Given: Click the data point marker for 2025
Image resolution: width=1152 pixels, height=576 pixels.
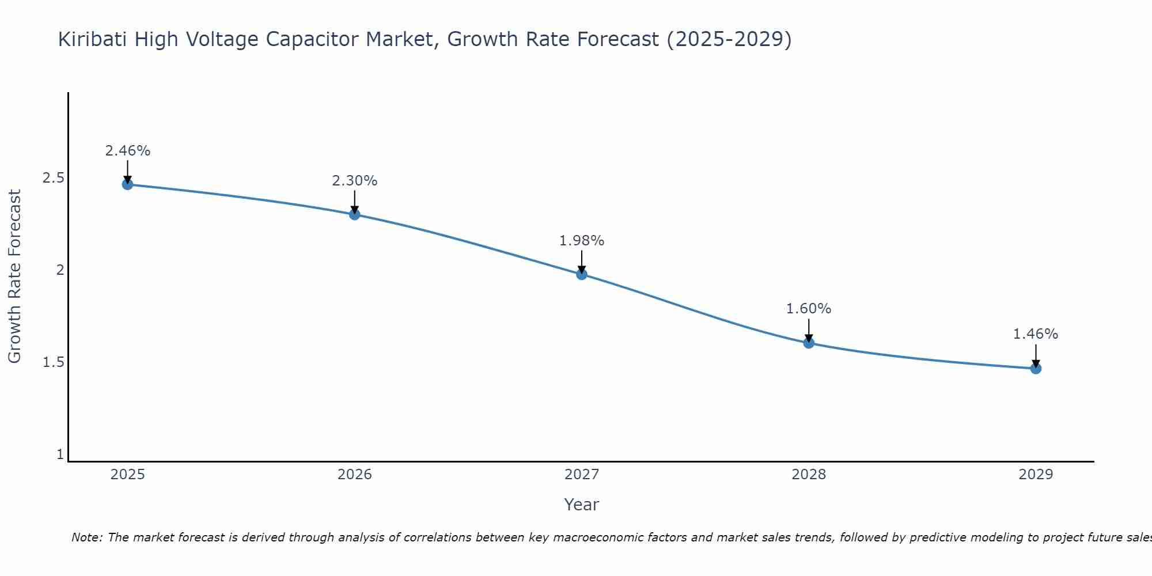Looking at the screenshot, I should point(127,184).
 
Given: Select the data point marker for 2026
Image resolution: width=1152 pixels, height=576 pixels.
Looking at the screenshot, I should point(355,214).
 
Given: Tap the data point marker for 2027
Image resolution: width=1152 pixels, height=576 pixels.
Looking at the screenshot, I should point(582,274).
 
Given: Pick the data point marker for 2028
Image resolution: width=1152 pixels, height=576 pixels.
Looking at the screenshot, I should point(809,343).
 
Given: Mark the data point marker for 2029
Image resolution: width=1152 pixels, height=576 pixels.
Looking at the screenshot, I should point(1036,369).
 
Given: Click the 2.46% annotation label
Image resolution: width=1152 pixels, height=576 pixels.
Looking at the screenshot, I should point(127,151).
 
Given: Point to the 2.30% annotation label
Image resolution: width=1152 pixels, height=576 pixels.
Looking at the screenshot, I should point(355,181).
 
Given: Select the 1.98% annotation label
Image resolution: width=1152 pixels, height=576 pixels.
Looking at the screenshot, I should point(582,241).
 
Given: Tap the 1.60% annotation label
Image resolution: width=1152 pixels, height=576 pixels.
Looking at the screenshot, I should point(809,309).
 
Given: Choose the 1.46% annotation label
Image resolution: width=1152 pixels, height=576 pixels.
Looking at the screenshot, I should point(1036,334).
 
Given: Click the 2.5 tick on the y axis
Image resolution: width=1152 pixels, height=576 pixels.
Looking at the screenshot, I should point(53,178).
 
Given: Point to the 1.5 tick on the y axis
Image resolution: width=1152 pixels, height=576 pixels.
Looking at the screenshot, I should point(53,362).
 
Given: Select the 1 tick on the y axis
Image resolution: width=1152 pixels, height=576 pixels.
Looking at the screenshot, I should point(60,454).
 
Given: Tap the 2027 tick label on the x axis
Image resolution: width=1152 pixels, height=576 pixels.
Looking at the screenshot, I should point(582,475).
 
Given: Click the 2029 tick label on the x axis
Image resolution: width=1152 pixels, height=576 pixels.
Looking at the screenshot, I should point(1036,475).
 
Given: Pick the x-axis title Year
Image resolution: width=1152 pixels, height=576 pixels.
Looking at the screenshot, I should point(582,505).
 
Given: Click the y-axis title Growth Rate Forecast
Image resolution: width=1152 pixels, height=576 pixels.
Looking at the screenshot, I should point(14,276).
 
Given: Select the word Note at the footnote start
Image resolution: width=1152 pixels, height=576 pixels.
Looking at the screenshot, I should point(86,537).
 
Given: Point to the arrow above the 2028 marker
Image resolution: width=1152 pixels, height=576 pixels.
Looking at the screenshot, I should point(809,329).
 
